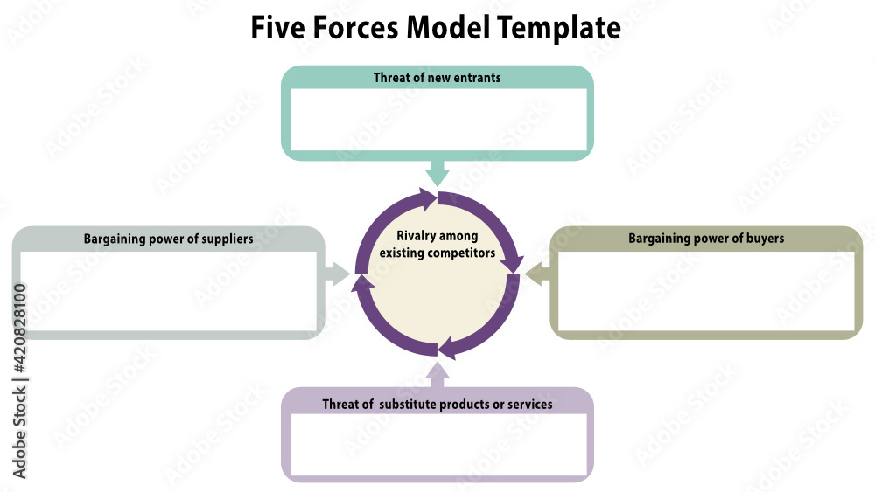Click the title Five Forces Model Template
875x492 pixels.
click(x=436, y=28)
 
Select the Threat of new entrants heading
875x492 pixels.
click(x=437, y=78)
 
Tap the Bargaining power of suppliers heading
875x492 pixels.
click(x=168, y=239)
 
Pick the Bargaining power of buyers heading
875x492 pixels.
click(x=705, y=239)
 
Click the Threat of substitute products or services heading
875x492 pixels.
click(x=437, y=405)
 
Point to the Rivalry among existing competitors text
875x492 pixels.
click(x=437, y=245)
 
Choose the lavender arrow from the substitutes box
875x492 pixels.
click(x=437, y=375)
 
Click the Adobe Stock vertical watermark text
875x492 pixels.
click(x=20, y=381)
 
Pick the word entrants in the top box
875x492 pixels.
click(x=477, y=78)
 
